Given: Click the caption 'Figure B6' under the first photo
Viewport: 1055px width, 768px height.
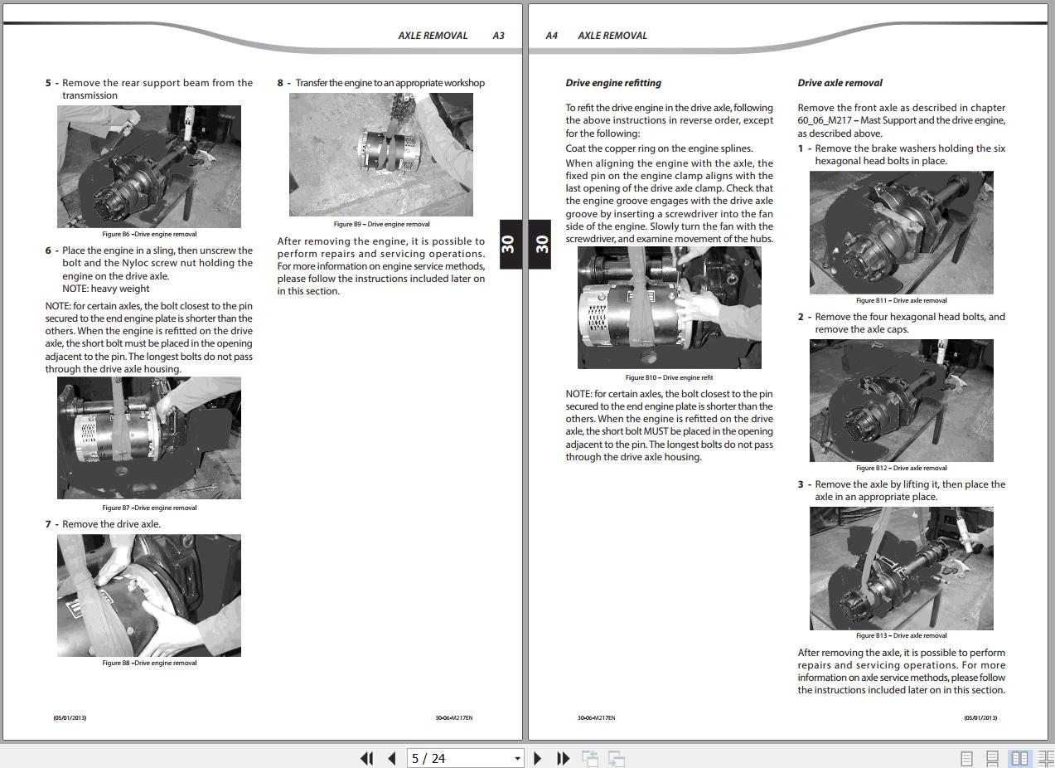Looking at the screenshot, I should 149,235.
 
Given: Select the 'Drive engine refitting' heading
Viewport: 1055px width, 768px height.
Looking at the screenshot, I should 613,83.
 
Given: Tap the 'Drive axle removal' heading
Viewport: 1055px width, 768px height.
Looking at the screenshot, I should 840,83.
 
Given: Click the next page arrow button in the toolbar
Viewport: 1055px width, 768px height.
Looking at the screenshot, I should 538,758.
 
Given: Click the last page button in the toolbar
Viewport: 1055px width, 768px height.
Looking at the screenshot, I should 564,758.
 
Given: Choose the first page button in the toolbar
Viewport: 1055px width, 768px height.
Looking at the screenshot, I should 366,758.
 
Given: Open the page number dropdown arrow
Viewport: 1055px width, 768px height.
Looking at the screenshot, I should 517,758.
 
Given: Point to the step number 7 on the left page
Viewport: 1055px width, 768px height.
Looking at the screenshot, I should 49,524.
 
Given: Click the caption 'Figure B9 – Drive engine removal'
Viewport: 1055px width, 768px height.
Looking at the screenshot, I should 381,224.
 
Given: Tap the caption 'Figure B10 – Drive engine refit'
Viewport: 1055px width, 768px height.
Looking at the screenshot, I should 669,377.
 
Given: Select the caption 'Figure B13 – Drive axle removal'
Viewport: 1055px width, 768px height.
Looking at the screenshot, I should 901,635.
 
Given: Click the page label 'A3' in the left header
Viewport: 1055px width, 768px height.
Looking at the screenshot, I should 498,36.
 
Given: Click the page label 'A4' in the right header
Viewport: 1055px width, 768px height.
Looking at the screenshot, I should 552,36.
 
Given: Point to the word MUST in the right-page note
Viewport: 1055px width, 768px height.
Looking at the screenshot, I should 656,431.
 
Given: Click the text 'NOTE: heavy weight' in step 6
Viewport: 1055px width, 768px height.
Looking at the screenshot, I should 106,289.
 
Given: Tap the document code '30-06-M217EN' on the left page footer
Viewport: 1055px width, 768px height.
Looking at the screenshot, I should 454,717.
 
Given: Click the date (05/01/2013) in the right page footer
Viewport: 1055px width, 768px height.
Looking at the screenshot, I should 980,717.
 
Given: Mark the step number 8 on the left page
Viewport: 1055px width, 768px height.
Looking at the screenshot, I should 281,83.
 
